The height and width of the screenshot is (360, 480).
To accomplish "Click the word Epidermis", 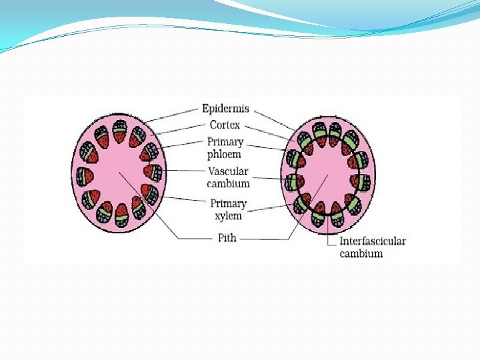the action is tap(227, 108).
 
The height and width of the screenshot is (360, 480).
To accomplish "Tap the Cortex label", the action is tap(225, 125).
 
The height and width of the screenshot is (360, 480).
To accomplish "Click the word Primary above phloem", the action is tap(225, 142).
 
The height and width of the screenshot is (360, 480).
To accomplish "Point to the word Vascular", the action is tap(228, 171).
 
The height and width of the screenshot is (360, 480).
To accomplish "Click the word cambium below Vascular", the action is tap(228, 183).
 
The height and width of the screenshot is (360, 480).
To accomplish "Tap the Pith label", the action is tap(227, 237).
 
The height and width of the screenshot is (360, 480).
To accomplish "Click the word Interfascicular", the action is tap(373, 241).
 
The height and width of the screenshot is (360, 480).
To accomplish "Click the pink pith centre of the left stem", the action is tap(117, 175).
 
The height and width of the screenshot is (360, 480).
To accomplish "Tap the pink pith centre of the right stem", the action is tap(327, 176).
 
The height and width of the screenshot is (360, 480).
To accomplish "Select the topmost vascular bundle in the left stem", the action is tap(119, 133).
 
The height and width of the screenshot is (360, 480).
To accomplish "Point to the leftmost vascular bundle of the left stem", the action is tap(85, 177).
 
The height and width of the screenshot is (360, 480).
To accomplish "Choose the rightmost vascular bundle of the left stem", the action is tap(153, 173).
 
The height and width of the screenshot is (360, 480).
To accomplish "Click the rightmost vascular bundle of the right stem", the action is tap(362, 179).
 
